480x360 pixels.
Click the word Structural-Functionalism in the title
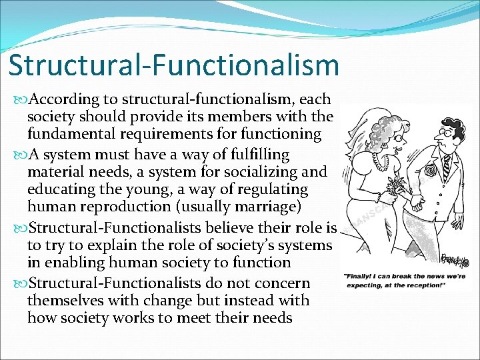pyautogui.click(x=174, y=65)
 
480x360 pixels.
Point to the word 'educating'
pyautogui.click(x=61, y=189)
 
